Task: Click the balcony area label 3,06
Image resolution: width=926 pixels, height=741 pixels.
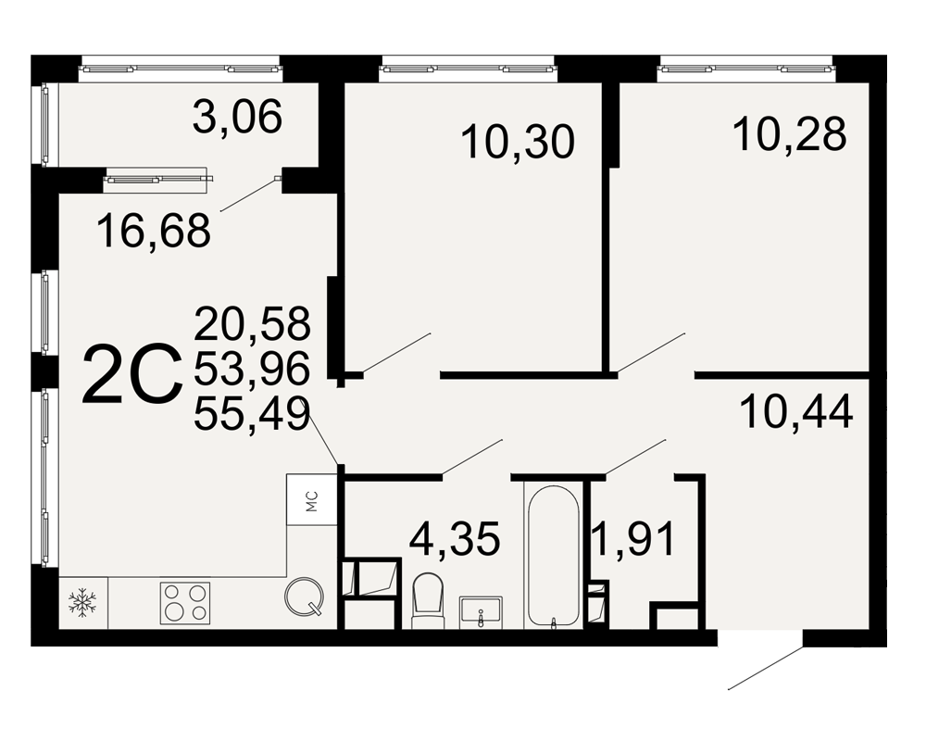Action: (x=237, y=117)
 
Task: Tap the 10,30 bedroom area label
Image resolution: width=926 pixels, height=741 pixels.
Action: (x=518, y=142)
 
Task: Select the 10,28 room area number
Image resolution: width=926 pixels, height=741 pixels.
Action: (x=790, y=133)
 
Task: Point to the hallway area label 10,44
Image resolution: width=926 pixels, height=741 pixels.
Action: (x=796, y=411)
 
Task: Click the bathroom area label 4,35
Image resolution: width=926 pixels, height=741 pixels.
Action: (x=456, y=538)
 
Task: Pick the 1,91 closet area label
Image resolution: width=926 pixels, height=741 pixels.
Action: (x=634, y=539)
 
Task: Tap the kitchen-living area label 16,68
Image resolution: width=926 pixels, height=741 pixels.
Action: (x=154, y=231)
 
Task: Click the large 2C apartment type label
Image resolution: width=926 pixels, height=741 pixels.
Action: (x=132, y=376)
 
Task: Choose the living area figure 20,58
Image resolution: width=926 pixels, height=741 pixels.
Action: (x=252, y=323)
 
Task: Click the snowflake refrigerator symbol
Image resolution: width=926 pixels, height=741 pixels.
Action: (x=82, y=602)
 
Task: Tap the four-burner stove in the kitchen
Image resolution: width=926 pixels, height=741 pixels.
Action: (x=185, y=603)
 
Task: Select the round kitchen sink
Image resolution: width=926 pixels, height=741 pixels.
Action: (x=304, y=597)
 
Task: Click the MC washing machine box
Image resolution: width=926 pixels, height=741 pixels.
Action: (x=312, y=500)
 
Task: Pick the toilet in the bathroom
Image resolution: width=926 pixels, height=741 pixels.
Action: (x=427, y=601)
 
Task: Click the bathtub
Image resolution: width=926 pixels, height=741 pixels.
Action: (x=554, y=556)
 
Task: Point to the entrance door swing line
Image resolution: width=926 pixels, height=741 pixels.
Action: (x=766, y=668)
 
